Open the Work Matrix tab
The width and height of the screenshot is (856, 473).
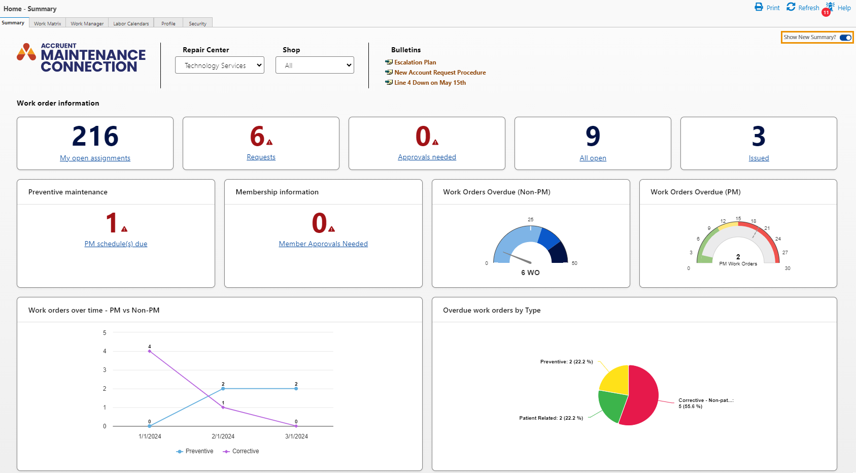47,23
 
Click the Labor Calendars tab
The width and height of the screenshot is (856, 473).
131,23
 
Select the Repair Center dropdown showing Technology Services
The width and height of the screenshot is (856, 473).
219,65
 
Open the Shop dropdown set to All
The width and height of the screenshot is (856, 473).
315,65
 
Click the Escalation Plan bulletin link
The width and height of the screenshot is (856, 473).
415,62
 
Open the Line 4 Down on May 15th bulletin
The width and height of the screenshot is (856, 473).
429,83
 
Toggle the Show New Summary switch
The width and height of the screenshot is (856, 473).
845,38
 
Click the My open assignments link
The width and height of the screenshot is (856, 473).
95,158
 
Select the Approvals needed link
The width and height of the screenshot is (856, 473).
427,157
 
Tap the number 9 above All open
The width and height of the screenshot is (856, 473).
593,136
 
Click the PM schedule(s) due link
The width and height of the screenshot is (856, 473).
116,244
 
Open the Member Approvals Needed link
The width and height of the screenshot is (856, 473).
323,244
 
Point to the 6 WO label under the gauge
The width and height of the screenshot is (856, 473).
530,273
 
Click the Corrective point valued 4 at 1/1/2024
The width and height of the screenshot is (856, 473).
150,351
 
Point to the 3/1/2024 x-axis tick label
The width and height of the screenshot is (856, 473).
296,436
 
